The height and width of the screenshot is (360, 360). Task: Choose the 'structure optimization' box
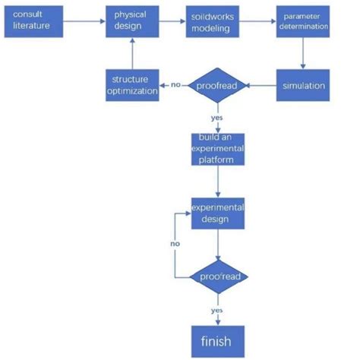pyautogui.click(x=131, y=86)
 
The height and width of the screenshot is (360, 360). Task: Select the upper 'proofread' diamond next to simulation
pyautogui.click(x=217, y=86)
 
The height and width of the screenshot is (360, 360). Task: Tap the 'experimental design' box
pyautogui.click(x=217, y=213)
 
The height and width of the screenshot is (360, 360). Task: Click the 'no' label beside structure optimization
pyautogui.click(x=174, y=84)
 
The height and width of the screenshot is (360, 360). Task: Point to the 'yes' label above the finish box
pyautogui.click(x=217, y=311)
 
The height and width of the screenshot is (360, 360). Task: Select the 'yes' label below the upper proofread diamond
pyautogui.click(x=216, y=118)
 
